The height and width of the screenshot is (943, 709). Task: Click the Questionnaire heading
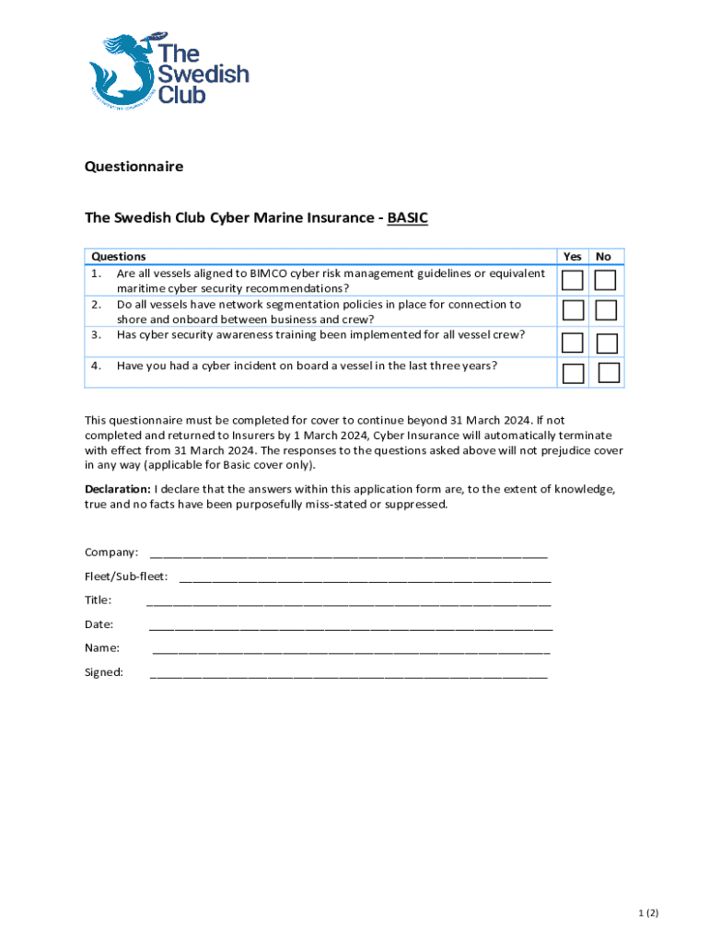134,167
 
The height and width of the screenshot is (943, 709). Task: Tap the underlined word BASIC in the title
408,218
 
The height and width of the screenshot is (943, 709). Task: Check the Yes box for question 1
573,280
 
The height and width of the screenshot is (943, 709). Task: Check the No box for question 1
604,280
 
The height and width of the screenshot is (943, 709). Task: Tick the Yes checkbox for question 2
573,310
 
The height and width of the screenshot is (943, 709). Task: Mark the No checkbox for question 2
605,310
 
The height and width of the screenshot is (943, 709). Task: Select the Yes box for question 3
573,343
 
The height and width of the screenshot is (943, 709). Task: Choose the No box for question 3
606,343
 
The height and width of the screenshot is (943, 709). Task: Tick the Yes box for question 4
573,373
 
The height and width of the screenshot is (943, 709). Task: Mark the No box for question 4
608,372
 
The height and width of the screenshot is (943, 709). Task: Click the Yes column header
573,257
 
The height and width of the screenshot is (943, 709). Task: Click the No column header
603,257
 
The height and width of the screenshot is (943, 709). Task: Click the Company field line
348,554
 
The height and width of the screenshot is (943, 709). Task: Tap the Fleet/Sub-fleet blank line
365,578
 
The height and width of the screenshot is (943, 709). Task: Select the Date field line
350,626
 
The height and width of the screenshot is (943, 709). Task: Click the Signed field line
348,674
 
